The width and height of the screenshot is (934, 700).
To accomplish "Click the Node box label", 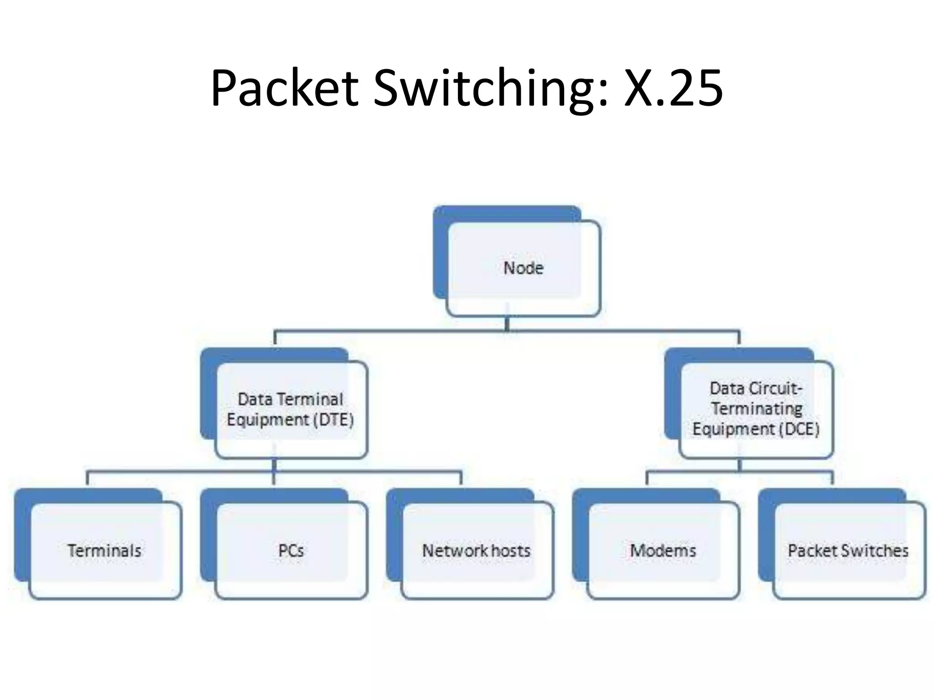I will pyautogui.click(x=523, y=268).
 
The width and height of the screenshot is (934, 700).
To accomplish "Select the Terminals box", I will pyautogui.click(x=104, y=551).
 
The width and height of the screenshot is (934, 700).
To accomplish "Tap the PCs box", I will pyautogui.click(x=291, y=551).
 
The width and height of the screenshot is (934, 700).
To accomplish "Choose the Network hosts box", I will pyautogui.click(x=476, y=551).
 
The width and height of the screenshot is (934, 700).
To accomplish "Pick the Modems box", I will pyautogui.click(x=663, y=551).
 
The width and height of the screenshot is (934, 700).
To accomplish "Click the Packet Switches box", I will pyautogui.click(x=848, y=551).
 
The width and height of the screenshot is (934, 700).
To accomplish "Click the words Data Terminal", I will pyautogui.click(x=290, y=399).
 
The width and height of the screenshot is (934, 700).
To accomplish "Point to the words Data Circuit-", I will pyautogui.click(x=756, y=388).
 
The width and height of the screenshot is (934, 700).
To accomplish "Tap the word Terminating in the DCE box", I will pyautogui.click(x=757, y=408).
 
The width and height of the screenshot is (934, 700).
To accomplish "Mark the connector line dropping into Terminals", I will pyautogui.click(x=87, y=479).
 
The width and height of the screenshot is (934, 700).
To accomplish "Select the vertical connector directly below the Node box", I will pyautogui.click(x=507, y=324).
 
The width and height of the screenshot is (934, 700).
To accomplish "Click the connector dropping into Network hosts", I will pyautogui.click(x=461, y=479).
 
